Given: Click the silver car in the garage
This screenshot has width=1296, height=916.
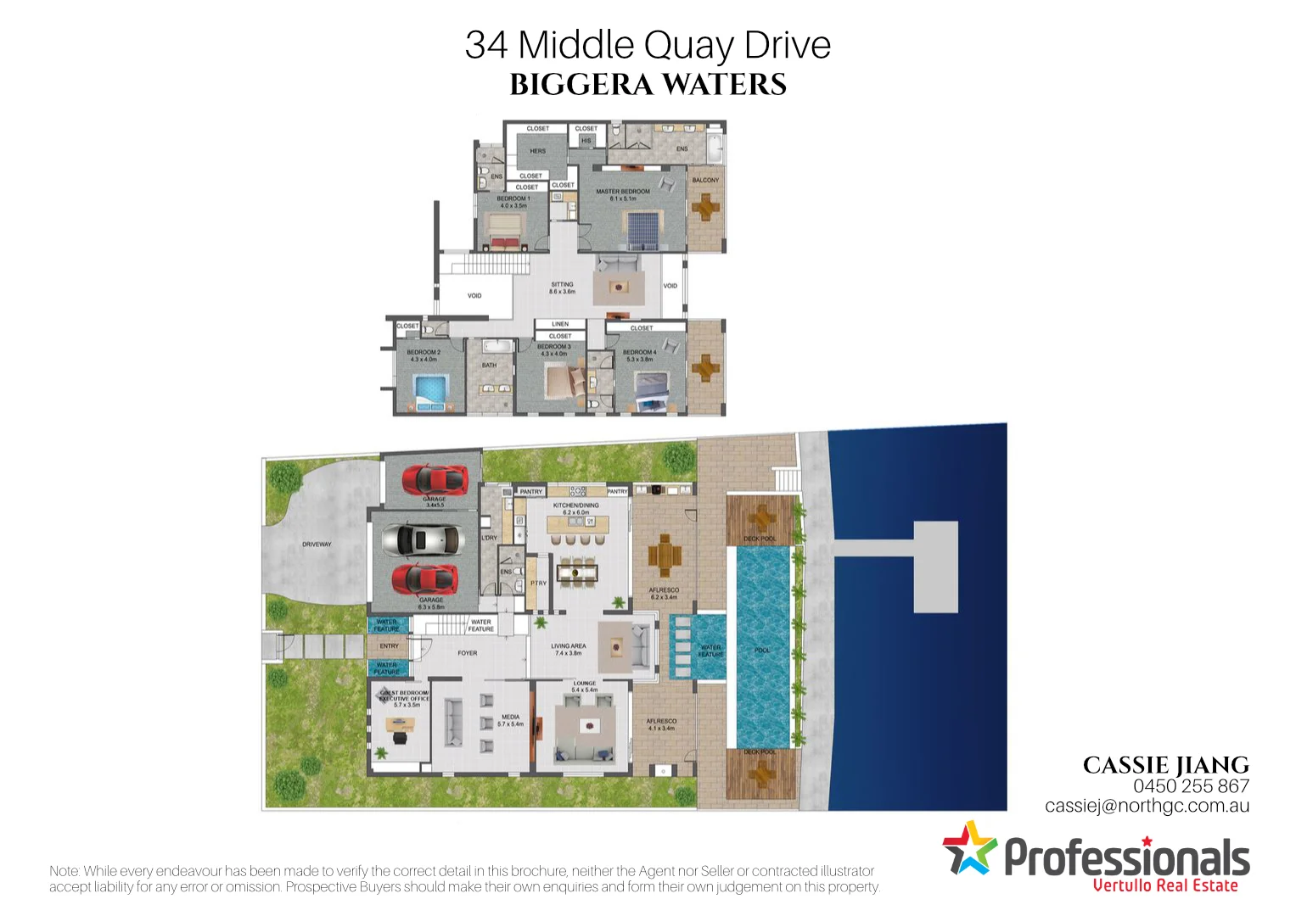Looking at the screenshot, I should (422, 539).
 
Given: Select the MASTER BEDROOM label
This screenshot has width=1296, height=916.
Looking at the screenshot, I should (623, 192).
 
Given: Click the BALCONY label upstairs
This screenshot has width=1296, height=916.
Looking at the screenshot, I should (705, 180).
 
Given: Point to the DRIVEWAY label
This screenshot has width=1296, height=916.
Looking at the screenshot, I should (317, 545).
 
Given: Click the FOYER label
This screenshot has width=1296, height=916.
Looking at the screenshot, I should (468, 653).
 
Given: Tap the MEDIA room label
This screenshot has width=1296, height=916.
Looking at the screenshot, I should (510, 718).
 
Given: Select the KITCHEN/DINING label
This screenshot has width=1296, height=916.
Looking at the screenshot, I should (575, 505).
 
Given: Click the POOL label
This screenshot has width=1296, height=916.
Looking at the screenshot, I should (762, 651).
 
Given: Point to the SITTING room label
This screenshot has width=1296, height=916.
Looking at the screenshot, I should (562, 285).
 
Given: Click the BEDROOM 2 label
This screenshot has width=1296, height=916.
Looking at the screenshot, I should (424, 352).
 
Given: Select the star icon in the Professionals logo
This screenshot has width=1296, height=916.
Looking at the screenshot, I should (968, 847).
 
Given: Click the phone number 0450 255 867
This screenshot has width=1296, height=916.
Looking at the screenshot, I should (1191, 786).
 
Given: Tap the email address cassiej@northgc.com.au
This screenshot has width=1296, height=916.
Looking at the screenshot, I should (1147, 806).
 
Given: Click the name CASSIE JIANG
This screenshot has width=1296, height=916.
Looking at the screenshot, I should (1165, 765).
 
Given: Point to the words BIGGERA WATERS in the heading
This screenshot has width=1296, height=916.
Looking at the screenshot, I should (648, 85).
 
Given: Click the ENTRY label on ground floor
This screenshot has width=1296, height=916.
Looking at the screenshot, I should (389, 646).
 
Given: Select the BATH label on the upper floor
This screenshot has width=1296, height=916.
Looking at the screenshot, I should (490, 366).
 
